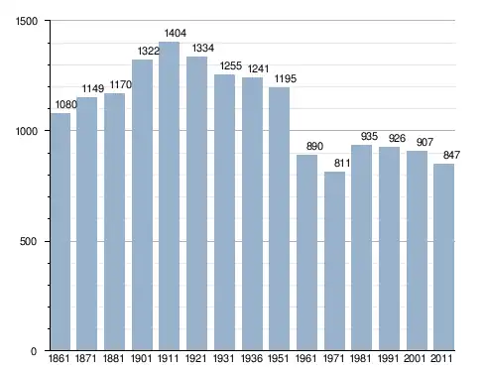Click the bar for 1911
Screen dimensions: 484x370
pos(169,196)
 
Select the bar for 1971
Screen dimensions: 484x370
pos(334,261)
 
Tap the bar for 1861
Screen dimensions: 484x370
pos(60,232)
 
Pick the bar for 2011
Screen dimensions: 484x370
pos(444,257)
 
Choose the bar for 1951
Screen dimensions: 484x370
pos(279,219)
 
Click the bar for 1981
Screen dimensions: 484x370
pos(362,247)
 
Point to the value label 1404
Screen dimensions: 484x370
pos(176,33)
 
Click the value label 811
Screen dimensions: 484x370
pos(342,163)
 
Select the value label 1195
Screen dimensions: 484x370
pos(286,78)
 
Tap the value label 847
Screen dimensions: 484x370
pos(451,155)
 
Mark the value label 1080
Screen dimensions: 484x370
pos(66,104)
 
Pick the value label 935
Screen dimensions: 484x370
pos(369,136)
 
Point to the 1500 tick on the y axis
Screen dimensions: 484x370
pos(27,21)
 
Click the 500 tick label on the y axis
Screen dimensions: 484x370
pos(28,241)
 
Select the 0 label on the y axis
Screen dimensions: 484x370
pos(34,351)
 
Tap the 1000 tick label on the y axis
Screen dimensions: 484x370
pos(27,131)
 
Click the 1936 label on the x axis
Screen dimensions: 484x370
pos(252,358)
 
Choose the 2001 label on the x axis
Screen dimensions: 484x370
pos(415,358)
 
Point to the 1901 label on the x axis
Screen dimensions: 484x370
pos(142,358)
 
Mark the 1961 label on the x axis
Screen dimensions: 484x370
pos(305,358)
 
